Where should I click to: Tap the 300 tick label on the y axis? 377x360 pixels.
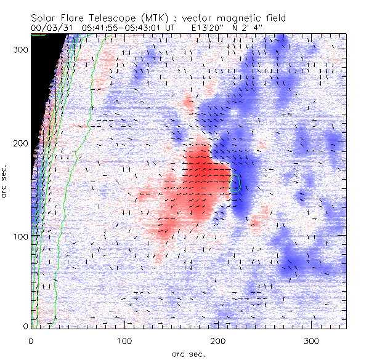(20, 50)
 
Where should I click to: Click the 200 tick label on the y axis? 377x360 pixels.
(20, 143)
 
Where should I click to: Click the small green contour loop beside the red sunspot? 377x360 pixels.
(236, 183)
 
